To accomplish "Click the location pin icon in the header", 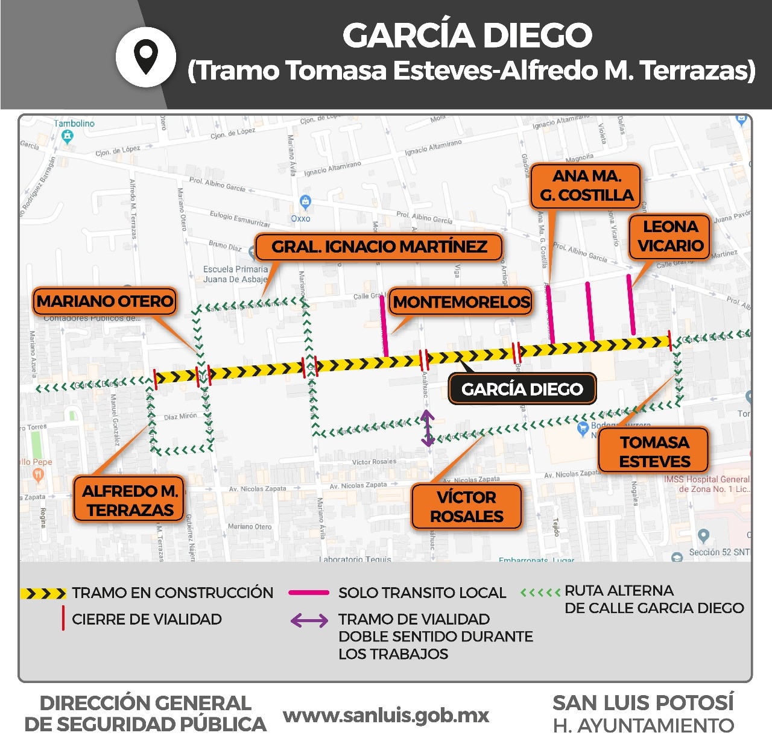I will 146,57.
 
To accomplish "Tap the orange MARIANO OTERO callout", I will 105,301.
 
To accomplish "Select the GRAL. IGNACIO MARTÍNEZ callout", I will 379,247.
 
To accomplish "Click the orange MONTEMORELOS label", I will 461,302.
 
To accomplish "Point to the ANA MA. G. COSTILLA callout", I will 586,186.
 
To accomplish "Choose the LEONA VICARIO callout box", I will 669,236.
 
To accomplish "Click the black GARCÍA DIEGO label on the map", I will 522,389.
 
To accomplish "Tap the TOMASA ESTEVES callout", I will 654,452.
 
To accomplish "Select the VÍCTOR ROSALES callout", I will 466,506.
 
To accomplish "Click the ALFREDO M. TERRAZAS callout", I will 129,500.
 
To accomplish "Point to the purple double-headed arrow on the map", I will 427,427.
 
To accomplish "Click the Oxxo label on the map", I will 300,218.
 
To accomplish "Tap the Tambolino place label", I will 74,124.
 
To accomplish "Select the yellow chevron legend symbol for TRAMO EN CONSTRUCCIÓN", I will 43,594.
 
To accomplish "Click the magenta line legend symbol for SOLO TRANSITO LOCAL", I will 309,593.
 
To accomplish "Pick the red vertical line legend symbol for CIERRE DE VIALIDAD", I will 63,619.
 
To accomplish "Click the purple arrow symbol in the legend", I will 309,620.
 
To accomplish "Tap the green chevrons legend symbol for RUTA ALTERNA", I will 540,593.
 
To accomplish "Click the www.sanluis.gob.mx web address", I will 386,716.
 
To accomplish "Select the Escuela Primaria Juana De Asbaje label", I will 235,274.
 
